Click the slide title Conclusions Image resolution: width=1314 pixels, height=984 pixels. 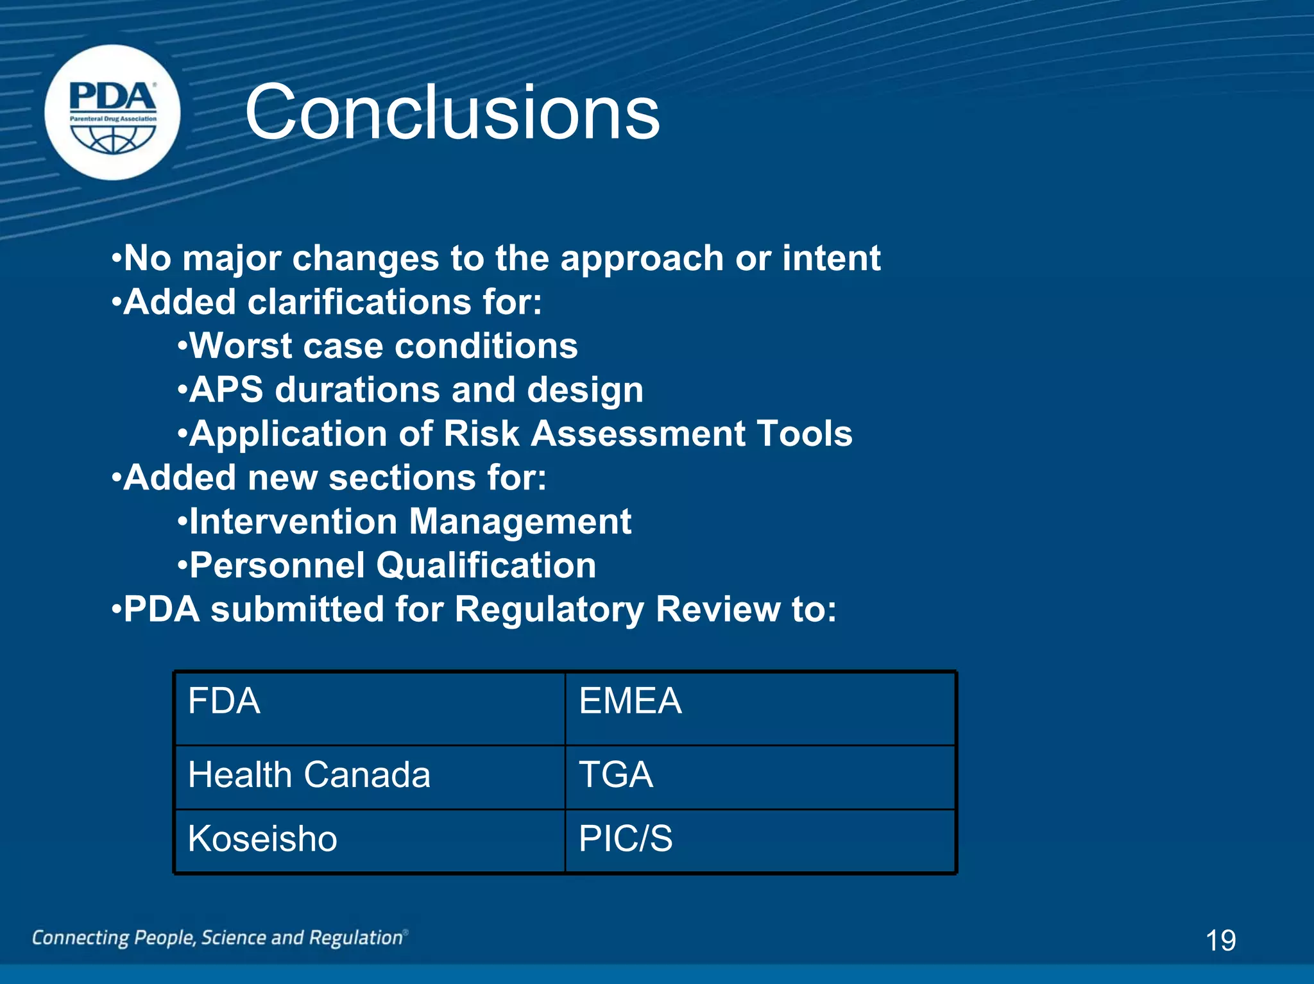pyautogui.click(x=452, y=113)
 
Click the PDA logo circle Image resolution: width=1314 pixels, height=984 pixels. pyautogui.click(x=113, y=113)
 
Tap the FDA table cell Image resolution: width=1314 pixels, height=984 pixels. pyautogui.click(x=370, y=708)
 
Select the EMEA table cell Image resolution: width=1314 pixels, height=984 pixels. pyautogui.click(x=760, y=708)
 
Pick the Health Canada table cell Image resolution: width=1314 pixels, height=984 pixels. pyautogui.click(x=370, y=776)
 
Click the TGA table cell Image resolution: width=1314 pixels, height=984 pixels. pyautogui.click(x=760, y=776)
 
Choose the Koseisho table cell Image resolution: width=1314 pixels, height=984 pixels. pyautogui.click(x=370, y=840)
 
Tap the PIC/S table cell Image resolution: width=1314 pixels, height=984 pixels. pyautogui.click(x=760, y=840)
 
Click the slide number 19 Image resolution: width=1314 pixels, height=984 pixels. pyautogui.click(x=1220, y=940)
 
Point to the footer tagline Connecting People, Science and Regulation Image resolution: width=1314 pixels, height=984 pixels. pyautogui.click(x=218, y=938)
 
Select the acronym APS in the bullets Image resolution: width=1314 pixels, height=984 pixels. pyautogui.click(x=226, y=390)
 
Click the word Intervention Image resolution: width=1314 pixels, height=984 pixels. pyautogui.click(x=293, y=522)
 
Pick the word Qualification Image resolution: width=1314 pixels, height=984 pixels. pyautogui.click(x=486, y=566)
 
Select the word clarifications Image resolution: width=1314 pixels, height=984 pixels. pyautogui.click(x=359, y=302)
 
